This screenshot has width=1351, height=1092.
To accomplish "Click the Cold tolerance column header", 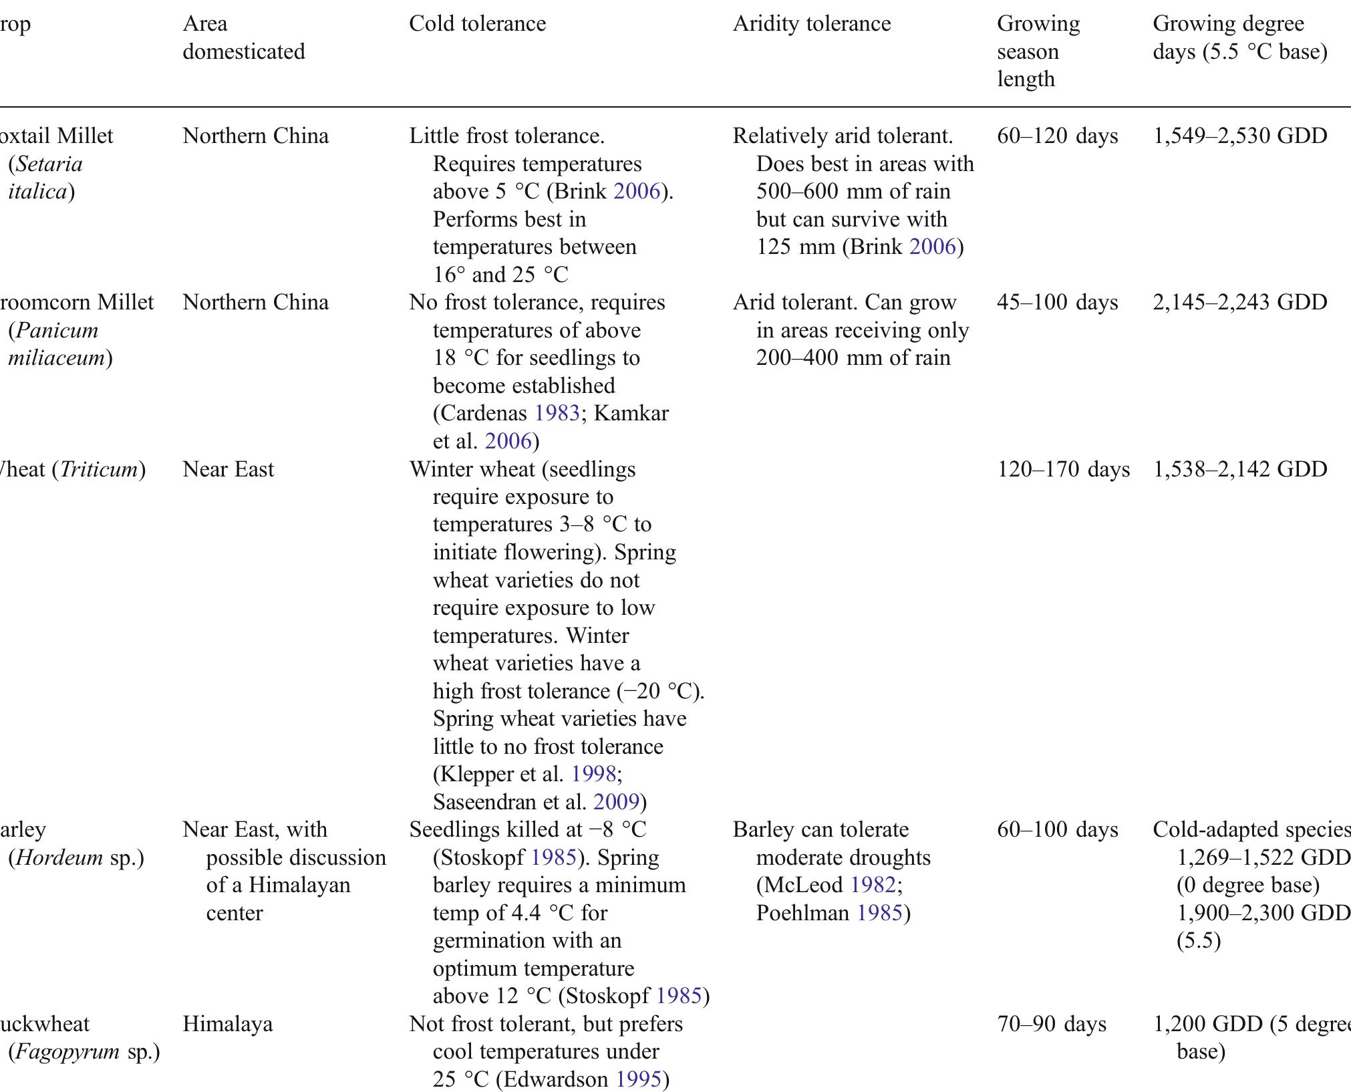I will (477, 24).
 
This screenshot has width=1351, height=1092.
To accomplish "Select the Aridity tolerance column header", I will (811, 24).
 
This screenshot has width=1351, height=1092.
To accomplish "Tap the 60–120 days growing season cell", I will (1057, 136).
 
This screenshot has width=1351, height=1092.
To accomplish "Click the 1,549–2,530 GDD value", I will (1239, 136).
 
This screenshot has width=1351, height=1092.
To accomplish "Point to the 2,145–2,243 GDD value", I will (1239, 303).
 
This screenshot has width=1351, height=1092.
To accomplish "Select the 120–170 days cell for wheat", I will (1063, 470).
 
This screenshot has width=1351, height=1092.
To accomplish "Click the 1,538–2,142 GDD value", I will (1239, 470).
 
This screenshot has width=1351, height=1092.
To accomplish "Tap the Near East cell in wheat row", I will (228, 470).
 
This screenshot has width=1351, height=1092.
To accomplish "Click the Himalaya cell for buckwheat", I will (227, 1025).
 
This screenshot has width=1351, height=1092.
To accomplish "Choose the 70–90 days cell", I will (1052, 1025).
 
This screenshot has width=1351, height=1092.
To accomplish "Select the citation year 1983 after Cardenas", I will (557, 414).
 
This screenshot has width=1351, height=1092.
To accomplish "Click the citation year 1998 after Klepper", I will (593, 775).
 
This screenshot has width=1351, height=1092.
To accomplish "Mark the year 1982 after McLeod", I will (873, 885).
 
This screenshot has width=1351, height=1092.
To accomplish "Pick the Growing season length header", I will (1038, 51).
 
